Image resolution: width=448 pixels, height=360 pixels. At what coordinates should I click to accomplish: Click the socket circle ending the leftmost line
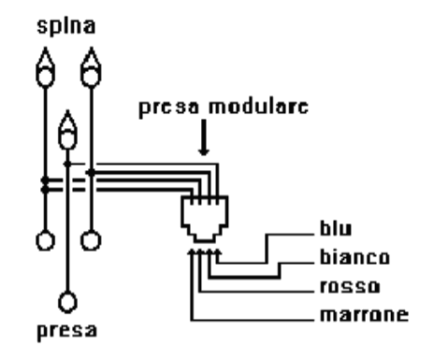[x=41, y=241]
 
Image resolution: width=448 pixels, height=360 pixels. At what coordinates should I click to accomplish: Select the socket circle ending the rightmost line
[x=90, y=241]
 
